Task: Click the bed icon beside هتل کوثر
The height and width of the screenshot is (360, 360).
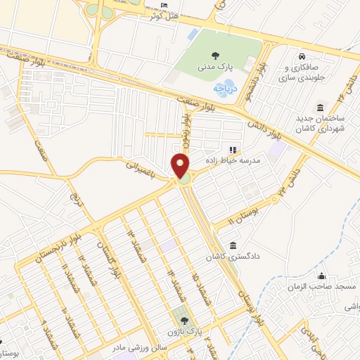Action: pyautogui.click(x=164, y=6)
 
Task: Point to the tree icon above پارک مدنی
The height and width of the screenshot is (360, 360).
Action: pyautogui.click(x=214, y=53)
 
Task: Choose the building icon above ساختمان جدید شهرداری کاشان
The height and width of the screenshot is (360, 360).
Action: pyautogui.click(x=321, y=107)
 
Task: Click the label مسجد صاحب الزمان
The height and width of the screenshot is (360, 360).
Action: pyautogui.click(x=323, y=287)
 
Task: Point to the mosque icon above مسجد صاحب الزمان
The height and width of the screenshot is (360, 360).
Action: pyautogui.click(x=323, y=276)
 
